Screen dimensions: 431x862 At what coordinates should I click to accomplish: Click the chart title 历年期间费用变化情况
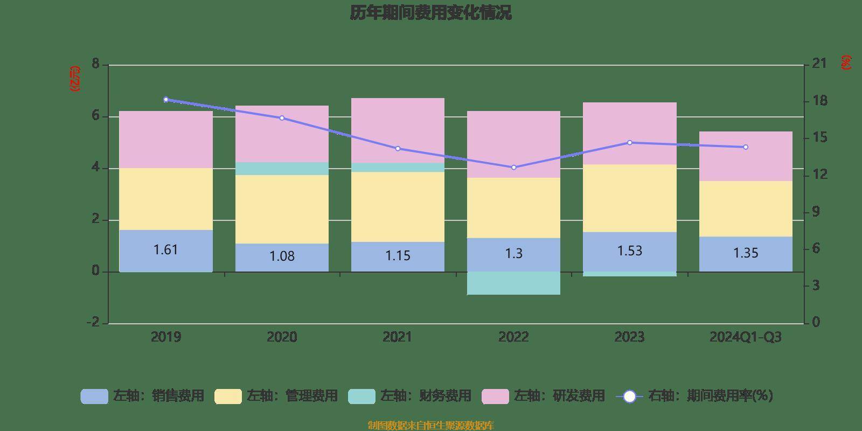[x=430, y=13]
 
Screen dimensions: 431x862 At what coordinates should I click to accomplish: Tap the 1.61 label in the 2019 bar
[x=165, y=250]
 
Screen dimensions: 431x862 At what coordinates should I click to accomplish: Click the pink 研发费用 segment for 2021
[x=398, y=130]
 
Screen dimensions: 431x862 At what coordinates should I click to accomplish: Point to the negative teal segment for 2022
[x=513, y=283]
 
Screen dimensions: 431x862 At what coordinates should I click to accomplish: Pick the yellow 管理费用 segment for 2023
[x=629, y=198]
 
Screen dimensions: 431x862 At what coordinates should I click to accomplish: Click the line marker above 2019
[x=166, y=100]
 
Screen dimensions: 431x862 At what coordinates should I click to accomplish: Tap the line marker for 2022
[x=513, y=168]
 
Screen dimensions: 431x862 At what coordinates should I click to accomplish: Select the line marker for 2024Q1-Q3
[x=746, y=147]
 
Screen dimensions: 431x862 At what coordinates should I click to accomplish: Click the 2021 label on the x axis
[x=398, y=337]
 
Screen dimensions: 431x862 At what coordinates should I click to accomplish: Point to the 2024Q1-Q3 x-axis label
[x=746, y=337]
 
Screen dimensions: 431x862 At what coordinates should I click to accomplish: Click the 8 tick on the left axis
[x=96, y=65]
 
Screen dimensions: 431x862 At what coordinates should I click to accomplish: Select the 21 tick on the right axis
[x=819, y=64]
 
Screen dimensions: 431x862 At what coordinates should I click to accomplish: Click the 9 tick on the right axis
[x=816, y=212]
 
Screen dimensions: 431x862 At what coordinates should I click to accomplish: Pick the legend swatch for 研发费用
[x=495, y=397]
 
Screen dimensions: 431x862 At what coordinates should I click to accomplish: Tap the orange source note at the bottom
[x=430, y=426]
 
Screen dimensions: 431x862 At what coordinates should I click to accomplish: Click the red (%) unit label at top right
[x=846, y=62]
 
